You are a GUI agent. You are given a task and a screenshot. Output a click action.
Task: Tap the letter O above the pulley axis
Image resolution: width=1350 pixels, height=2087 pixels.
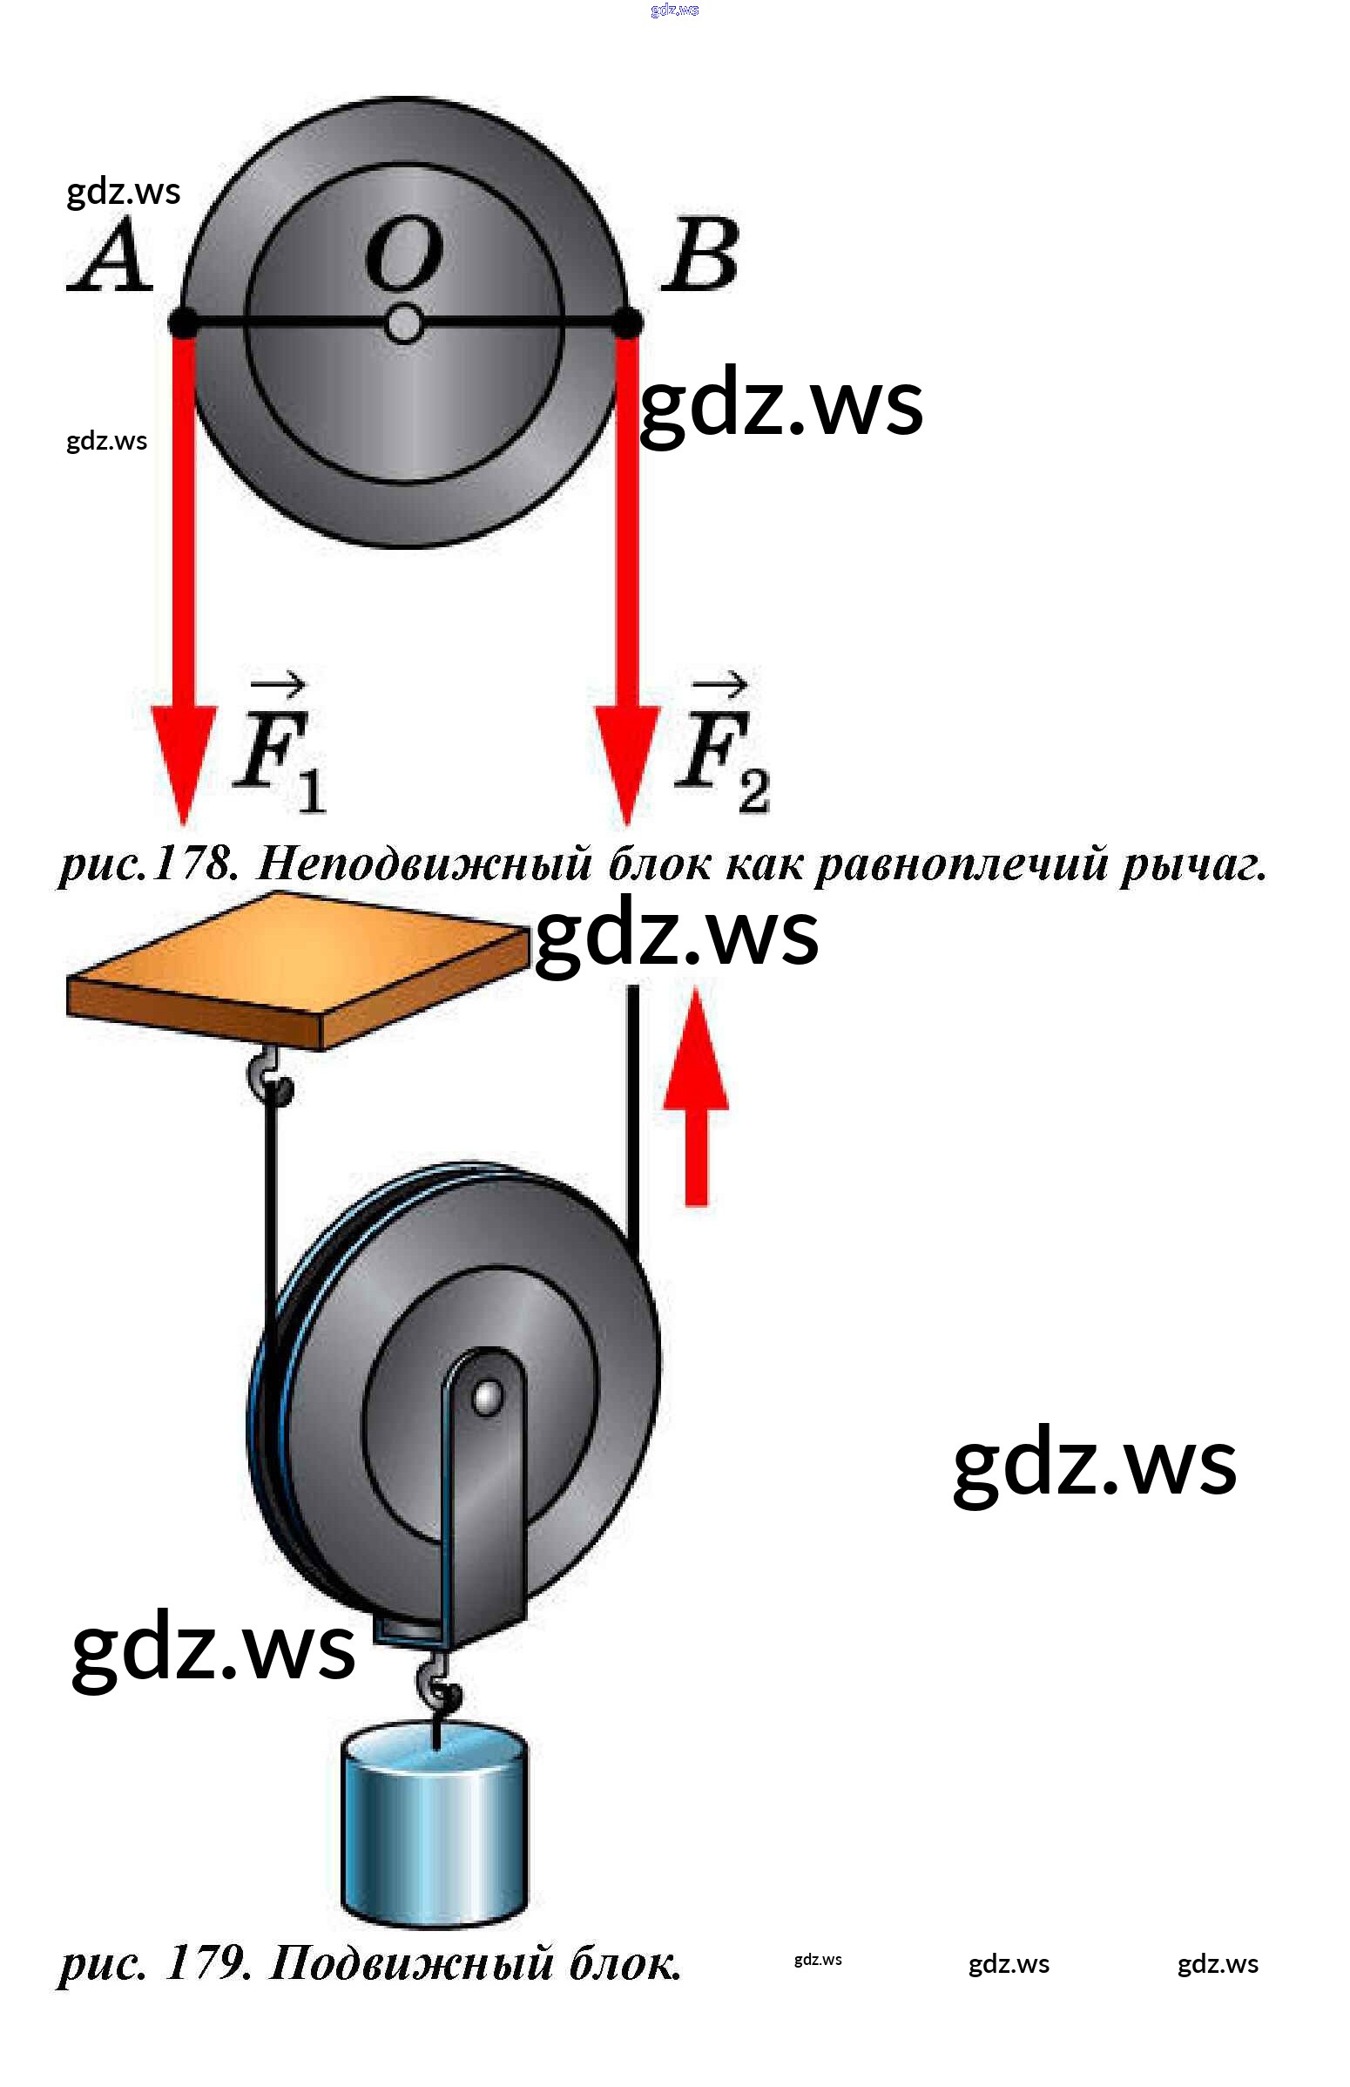pos(403,254)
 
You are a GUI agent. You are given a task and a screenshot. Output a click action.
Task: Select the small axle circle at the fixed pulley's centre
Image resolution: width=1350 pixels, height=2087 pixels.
pos(403,324)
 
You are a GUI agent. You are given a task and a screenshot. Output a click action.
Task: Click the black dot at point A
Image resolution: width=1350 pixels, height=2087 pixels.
pos(183,323)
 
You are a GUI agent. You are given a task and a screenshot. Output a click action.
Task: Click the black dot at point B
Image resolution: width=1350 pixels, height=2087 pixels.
pos(628,323)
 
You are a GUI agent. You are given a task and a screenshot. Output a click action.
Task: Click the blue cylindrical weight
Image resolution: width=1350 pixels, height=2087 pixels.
pos(434,1824)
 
